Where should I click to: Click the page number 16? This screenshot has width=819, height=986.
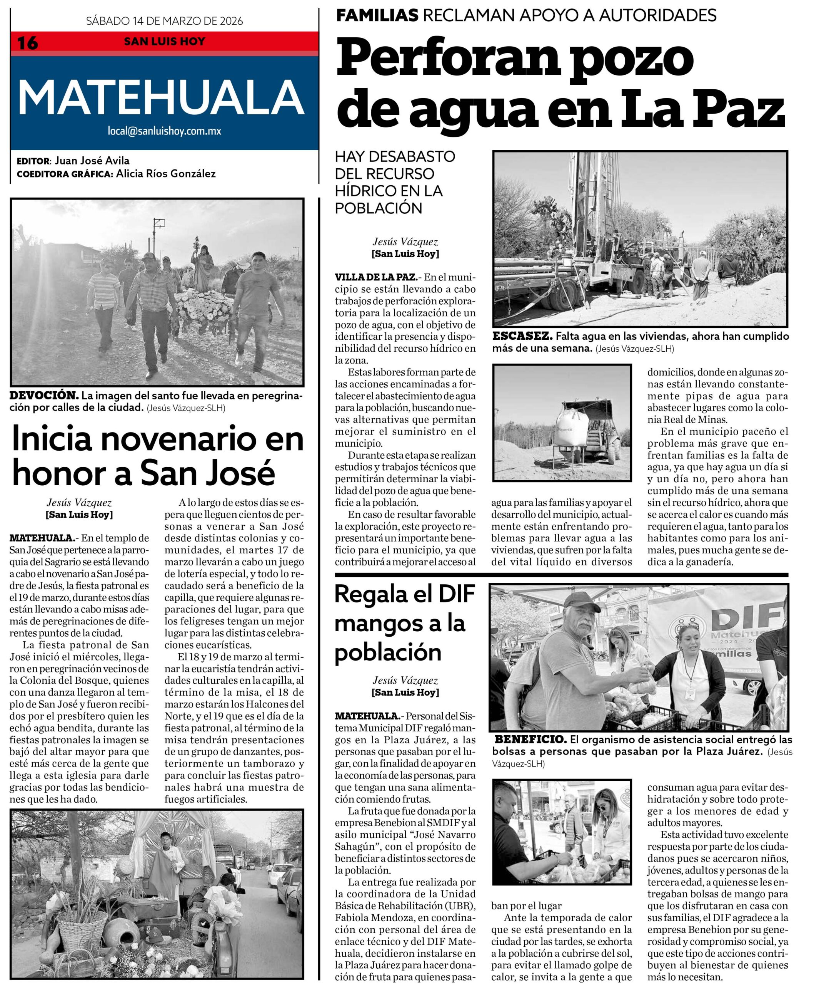click(x=27, y=43)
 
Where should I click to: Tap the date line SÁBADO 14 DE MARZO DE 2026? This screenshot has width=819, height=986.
click(x=164, y=21)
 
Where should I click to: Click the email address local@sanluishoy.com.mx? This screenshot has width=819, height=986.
click(x=164, y=131)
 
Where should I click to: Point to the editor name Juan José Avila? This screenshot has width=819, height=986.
click(x=92, y=161)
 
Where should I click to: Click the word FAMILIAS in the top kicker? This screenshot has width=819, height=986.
click(x=378, y=15)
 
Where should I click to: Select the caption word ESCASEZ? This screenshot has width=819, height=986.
click(x=522, y=336)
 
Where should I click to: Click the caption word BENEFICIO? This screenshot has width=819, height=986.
click(x=530, y=739)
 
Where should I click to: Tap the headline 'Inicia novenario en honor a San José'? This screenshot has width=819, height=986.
click(x=157, y=455)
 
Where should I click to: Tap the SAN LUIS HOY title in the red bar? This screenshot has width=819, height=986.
click(x=164, y=41)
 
